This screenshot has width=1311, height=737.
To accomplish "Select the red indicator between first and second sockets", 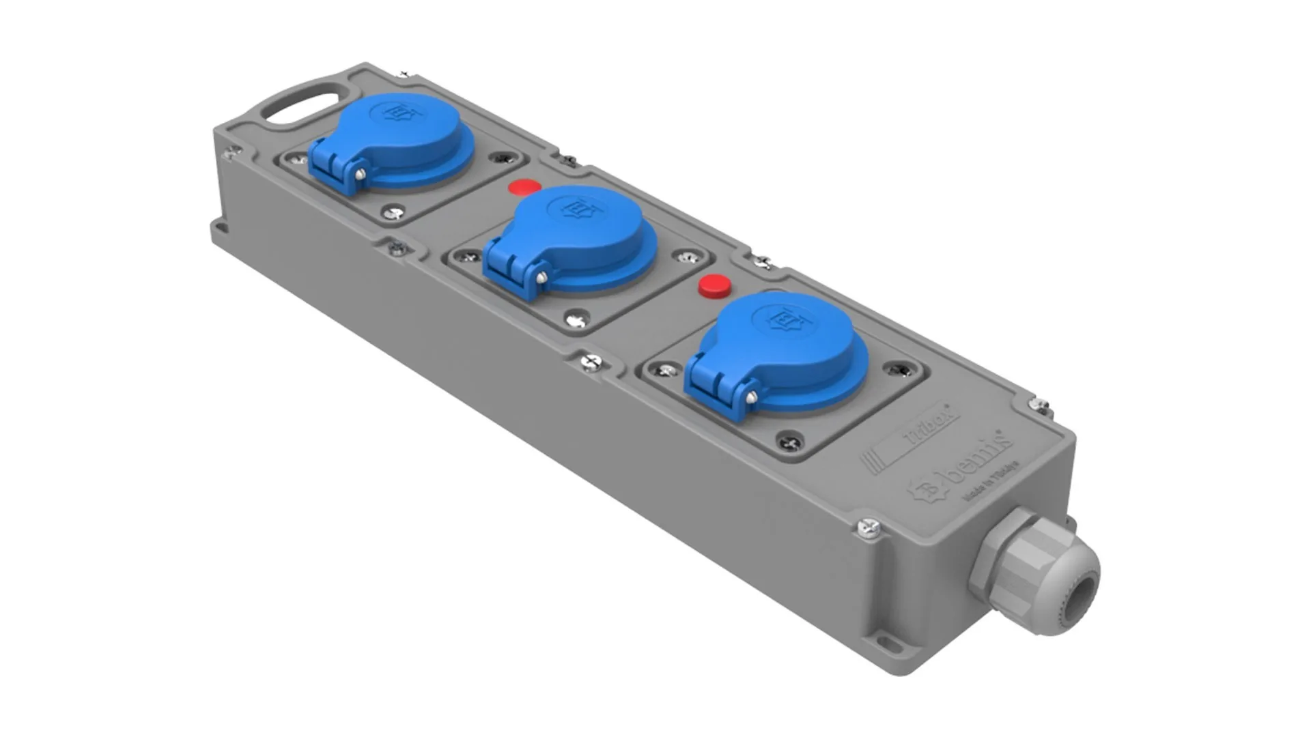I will [524, 186].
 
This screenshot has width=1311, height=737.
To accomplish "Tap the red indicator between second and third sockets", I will [714, 285].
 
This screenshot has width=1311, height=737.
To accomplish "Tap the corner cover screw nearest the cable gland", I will [869, 527].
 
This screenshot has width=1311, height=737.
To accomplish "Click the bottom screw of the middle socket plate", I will [576, 319].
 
